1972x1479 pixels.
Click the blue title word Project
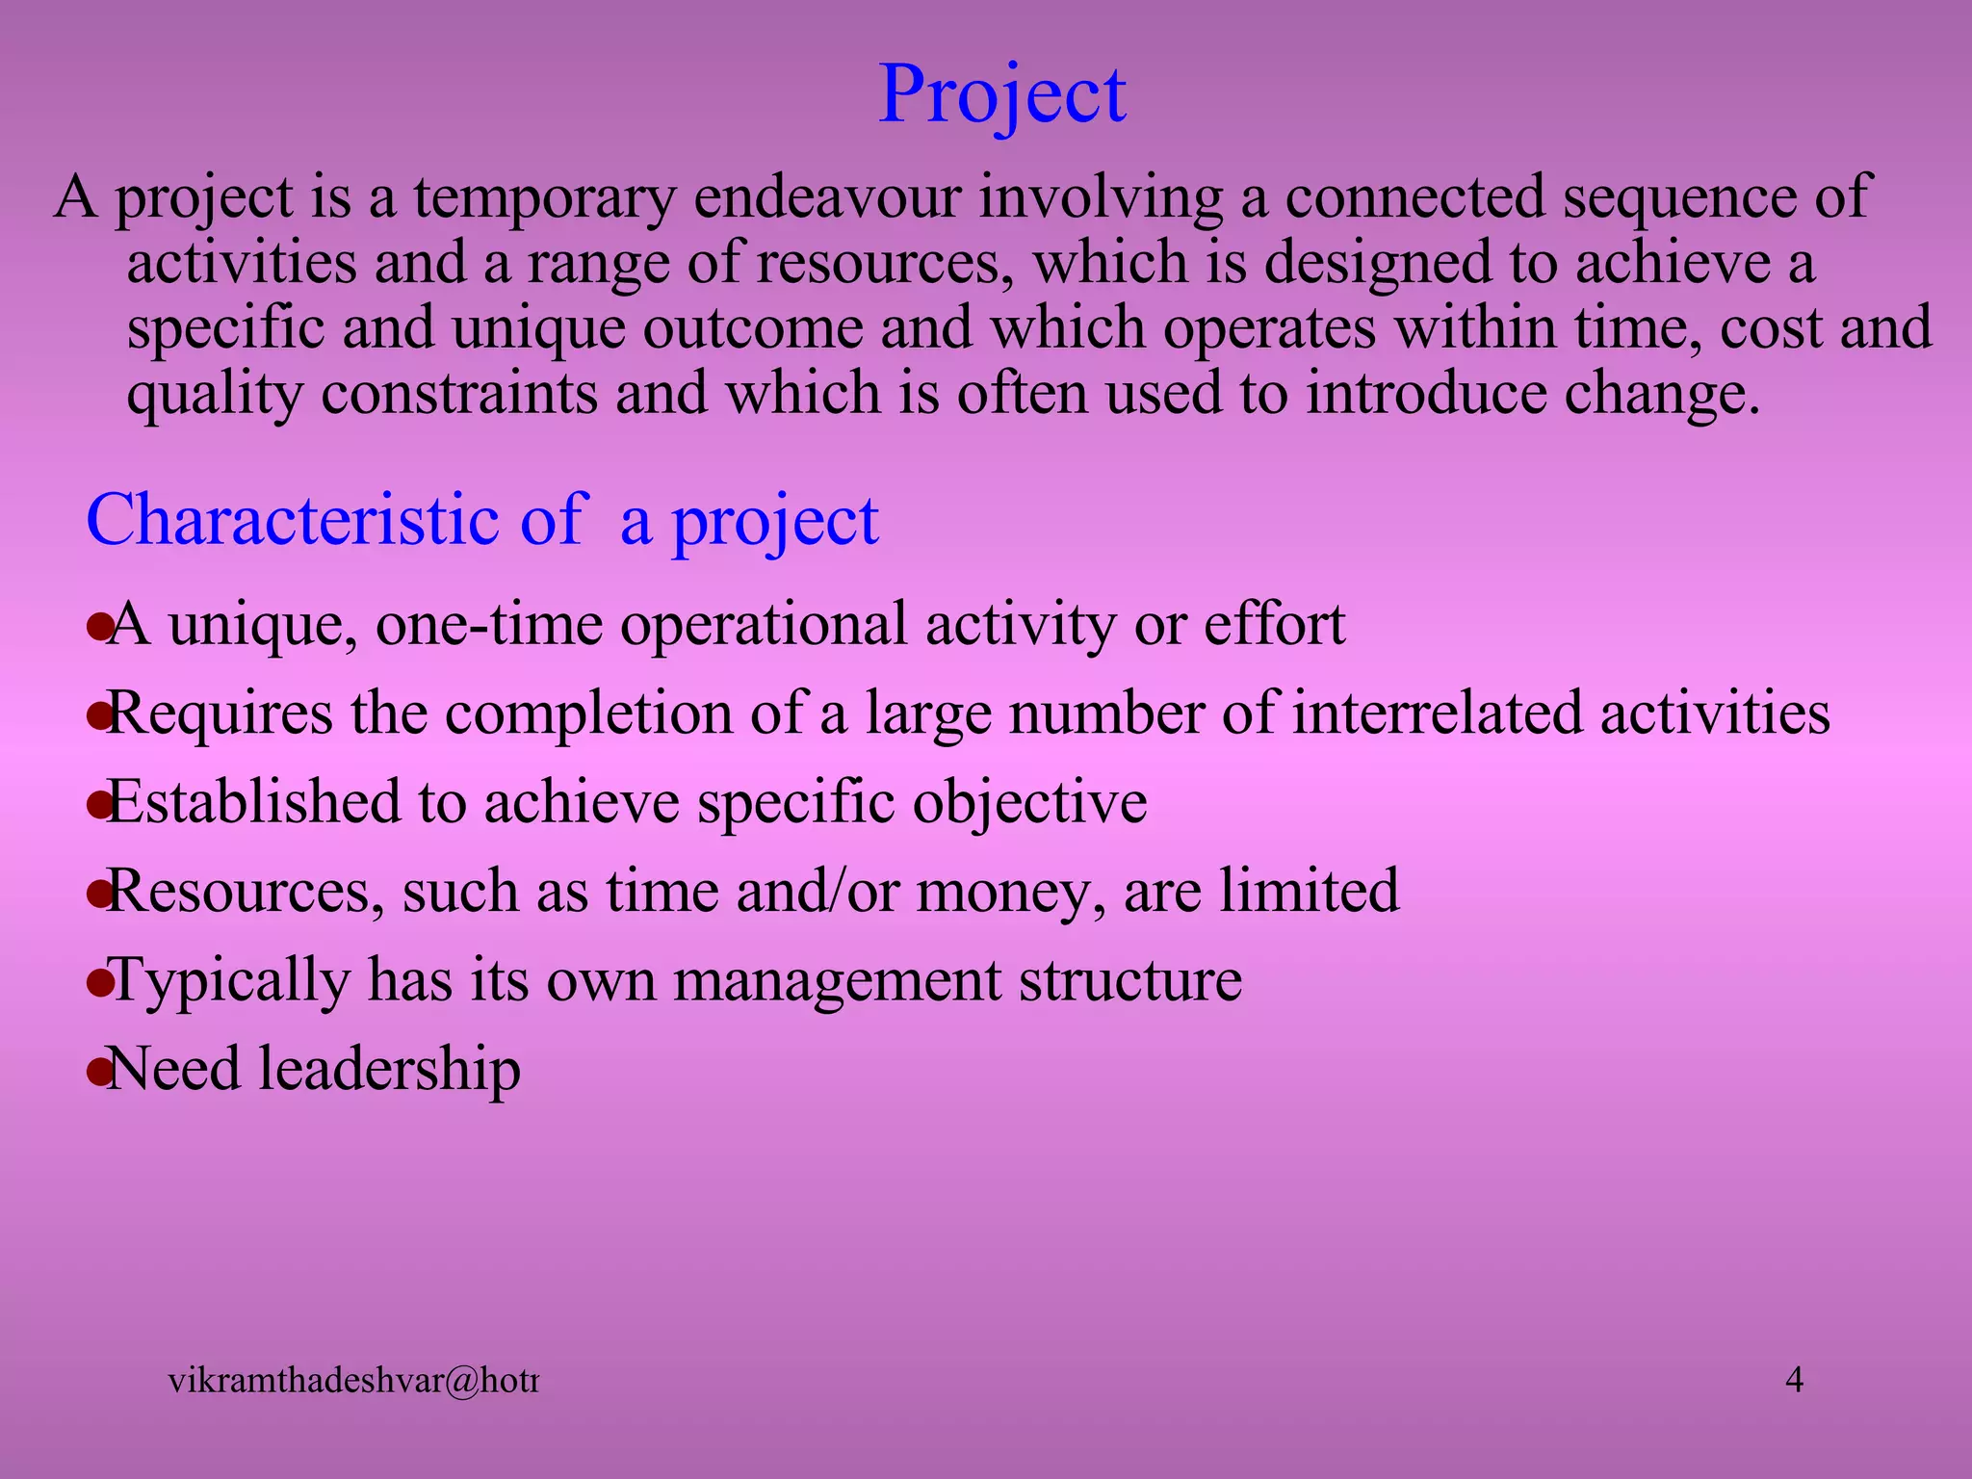coord(1002,95)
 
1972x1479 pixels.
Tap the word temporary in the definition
coord(545,197)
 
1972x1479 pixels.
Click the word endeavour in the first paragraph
coord(827,197)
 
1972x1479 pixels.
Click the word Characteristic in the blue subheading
coord(293,520)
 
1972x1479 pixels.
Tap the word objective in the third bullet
coord(1029,803)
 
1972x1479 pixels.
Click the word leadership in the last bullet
coord(390,1070)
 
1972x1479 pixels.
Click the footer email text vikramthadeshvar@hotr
coord(352,1381)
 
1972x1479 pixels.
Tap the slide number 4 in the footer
coord(1795,1380)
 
